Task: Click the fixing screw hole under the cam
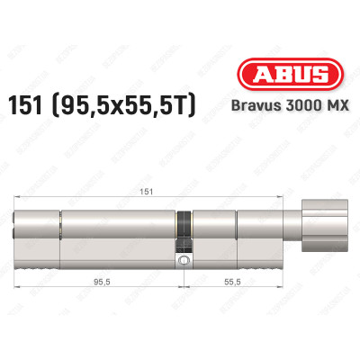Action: click(184, 261)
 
